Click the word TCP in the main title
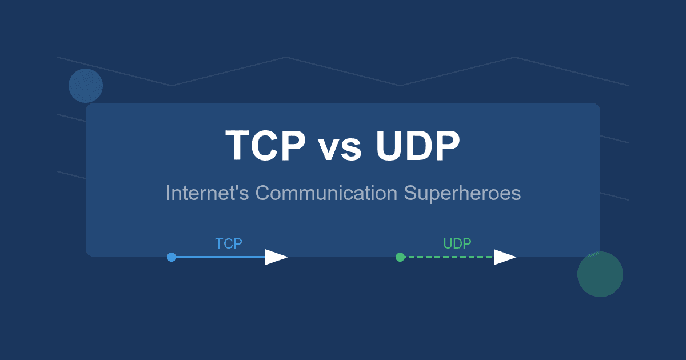pos(265,145)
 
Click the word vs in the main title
pos(340,149)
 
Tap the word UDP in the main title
pos(418,145)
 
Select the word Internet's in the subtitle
pos(207,193)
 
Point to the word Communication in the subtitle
pos(326,193)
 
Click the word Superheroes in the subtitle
pos(462,194)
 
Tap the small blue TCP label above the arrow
pos(229,243)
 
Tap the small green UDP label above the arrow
pos(457,243)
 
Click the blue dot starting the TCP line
pos(171,257)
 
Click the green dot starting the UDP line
pos(400,257)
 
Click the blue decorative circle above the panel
pos(86,86)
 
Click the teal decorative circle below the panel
pos(600,274)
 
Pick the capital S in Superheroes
pos(410,193)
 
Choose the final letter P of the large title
pos(448,145)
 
